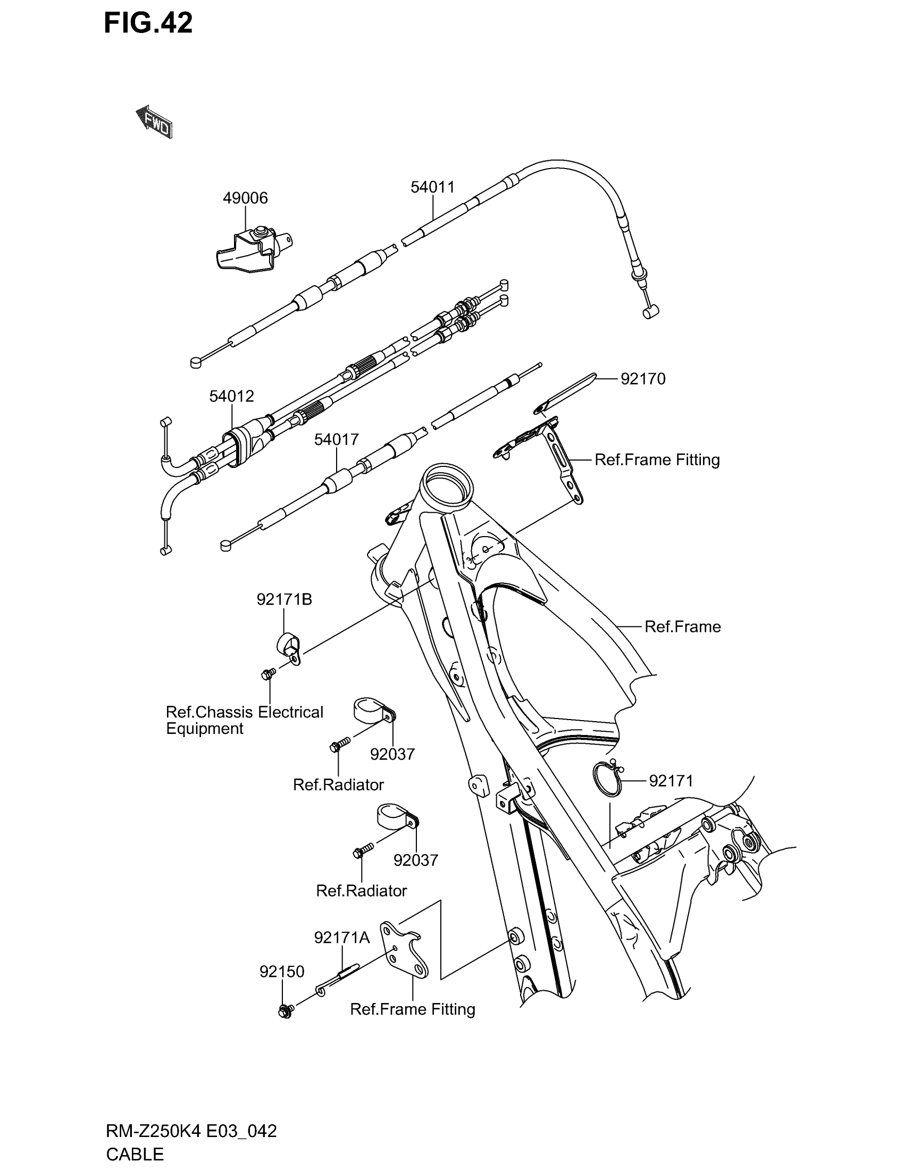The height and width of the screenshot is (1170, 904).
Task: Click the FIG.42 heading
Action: [148, 23]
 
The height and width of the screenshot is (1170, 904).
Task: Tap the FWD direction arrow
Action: [154, 123]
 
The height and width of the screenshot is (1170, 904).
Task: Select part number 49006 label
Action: [245, 198]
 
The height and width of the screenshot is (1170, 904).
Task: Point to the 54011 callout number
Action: [432, 187]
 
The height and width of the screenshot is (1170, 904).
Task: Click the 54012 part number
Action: [231, 396]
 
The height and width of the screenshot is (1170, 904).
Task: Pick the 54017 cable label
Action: [336, 440]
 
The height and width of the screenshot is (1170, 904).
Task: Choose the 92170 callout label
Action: [643, 379]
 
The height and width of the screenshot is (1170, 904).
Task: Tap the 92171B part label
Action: [284, 599]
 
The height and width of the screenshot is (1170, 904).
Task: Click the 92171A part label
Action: [342, 938]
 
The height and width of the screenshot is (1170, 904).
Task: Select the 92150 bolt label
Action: [282, 971]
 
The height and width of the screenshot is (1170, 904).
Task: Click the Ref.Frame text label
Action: [682, 627]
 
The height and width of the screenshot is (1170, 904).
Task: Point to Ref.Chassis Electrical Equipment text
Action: [244, 720]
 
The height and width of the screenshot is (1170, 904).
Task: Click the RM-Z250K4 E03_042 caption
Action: [191, 1131]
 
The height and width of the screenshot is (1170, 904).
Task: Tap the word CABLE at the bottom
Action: [135, 1154]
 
